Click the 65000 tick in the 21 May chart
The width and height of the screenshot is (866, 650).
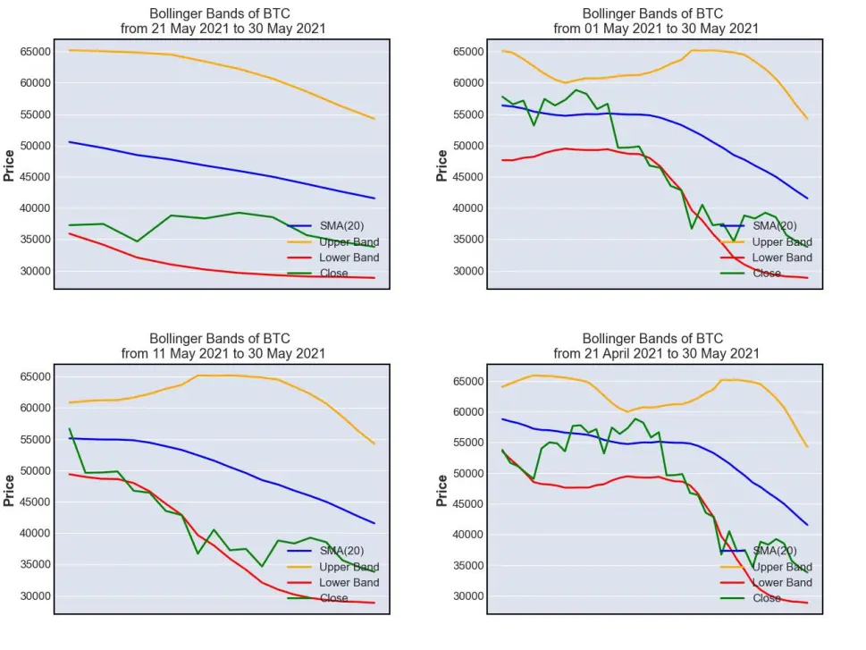click(36, 52)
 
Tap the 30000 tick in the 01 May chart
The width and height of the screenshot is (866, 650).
click(468, 272)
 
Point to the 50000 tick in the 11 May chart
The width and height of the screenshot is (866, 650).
click(36, 471)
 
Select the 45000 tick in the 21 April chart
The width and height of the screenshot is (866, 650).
click(468, 504)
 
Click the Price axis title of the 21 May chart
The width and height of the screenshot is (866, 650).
click(9, 165)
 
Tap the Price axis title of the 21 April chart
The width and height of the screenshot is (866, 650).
click(441, 490)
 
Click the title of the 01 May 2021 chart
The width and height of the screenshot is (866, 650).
click(656, 21)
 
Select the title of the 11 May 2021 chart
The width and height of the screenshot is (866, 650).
click(223, 346)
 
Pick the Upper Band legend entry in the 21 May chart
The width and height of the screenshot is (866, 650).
click(333, 242)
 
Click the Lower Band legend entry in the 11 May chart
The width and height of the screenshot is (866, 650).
click(333, 583)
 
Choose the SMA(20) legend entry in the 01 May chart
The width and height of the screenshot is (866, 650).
click(758, 226)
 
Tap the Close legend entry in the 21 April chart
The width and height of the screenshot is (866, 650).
click(751, 598)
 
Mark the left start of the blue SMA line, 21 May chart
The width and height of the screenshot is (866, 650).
click(69, 142)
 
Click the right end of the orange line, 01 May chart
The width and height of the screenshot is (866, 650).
click(807, 118)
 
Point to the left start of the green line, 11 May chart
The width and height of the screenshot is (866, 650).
click(70, 428)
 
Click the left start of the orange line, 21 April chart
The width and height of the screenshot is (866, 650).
click(502, 386)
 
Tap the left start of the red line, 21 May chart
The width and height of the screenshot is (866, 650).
click(69, 233)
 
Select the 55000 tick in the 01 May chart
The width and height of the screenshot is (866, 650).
click(468, 115)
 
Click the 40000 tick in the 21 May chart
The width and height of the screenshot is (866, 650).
click(36, 208)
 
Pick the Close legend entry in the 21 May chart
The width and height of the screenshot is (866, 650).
click(317, 273)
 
